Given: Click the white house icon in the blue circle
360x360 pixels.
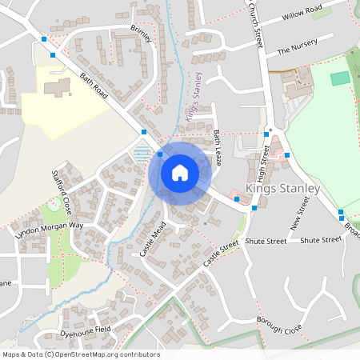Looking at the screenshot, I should tap(180, 172).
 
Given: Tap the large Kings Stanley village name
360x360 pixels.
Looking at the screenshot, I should tap(282, 189).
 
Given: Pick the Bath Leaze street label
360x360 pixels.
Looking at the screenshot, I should tap(217, 143).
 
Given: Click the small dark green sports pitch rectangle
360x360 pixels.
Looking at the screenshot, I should tap(340, 78).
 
